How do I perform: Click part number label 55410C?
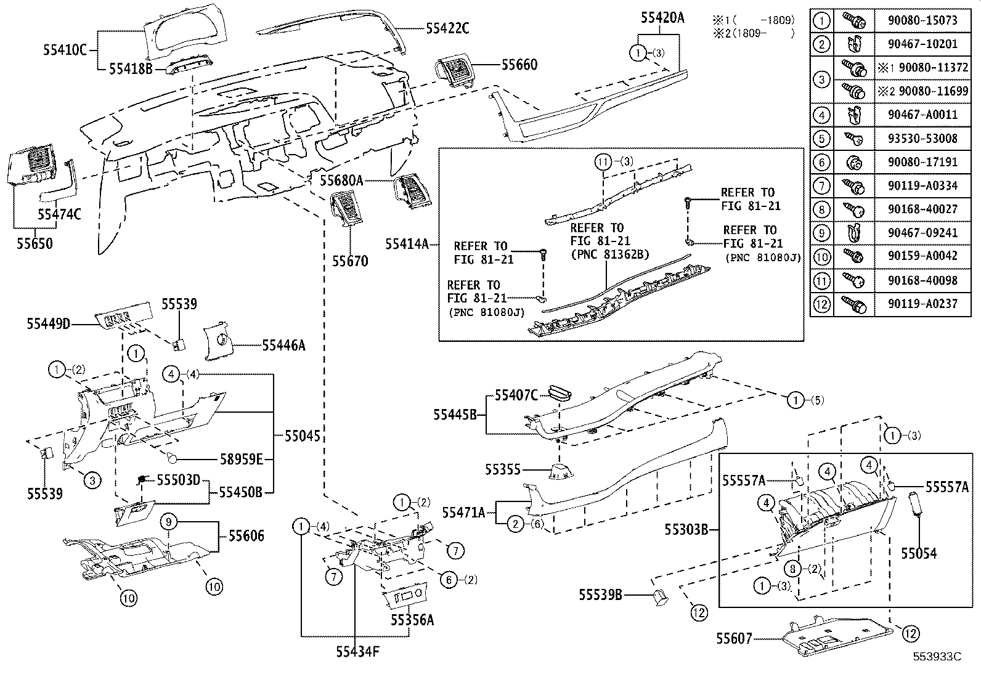[65, 50]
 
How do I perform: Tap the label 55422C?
[447, 28]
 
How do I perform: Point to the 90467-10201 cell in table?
[922, 44]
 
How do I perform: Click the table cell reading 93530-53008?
[922, 139]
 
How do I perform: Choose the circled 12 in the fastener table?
[821, 304]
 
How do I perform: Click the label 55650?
[35, 243]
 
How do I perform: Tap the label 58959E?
[242, 459]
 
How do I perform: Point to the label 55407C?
[516, 395]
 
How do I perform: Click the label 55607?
[734, 639]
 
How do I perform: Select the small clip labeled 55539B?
[659, 596]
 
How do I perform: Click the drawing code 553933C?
[937, 656]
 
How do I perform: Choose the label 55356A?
[412, 620]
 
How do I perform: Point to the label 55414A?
[407, 243]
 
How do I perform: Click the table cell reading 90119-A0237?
[922, 304]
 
